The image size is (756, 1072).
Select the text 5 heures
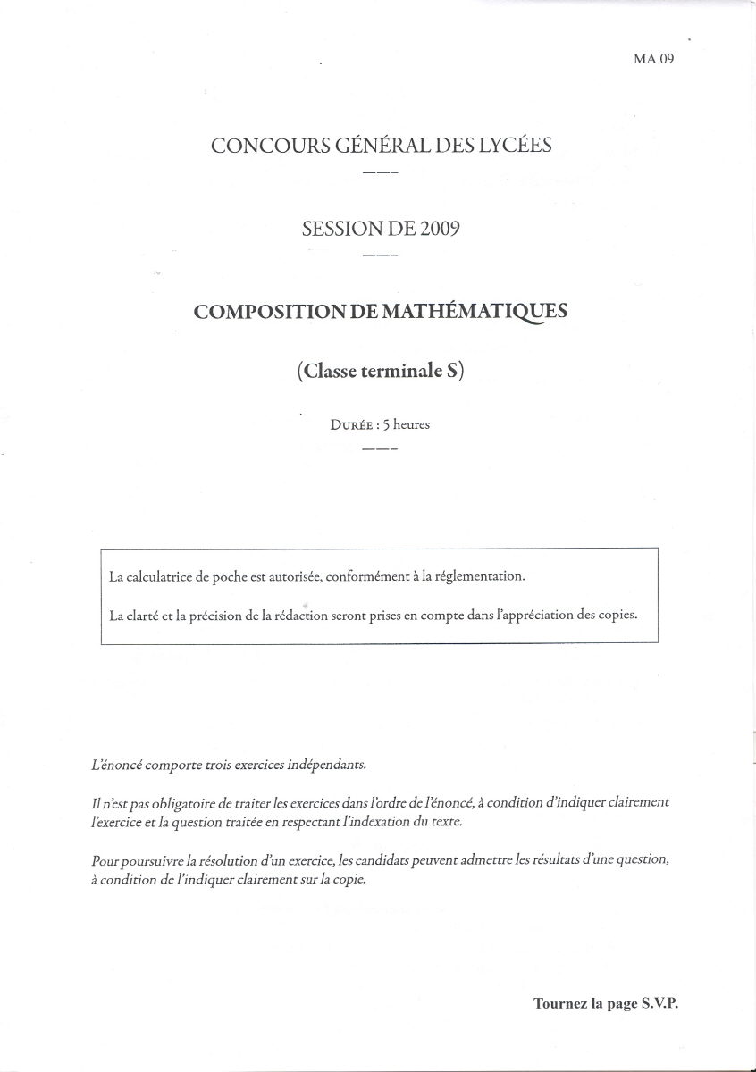click(x=406, y=424)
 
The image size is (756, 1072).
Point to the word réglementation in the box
click(x=480, y=576)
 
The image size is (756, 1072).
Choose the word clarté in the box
click(x=150, y=616)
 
